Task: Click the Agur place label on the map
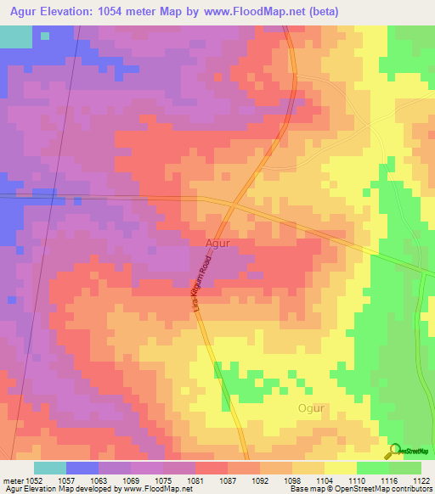pyautogui.click(x=217, y=243)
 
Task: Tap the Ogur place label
pyautogui.click(x=311, y=408)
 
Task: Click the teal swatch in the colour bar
pyautogui.click(x=50, y=468)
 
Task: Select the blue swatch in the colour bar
pyautogui.click(x=82, y=468)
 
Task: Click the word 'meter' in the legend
pyautogui.click(x=14, y=480)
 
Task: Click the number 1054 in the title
pyautogui.click(x=130, y=11)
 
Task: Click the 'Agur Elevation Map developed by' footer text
pyautogui.click(x=55, y=489)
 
